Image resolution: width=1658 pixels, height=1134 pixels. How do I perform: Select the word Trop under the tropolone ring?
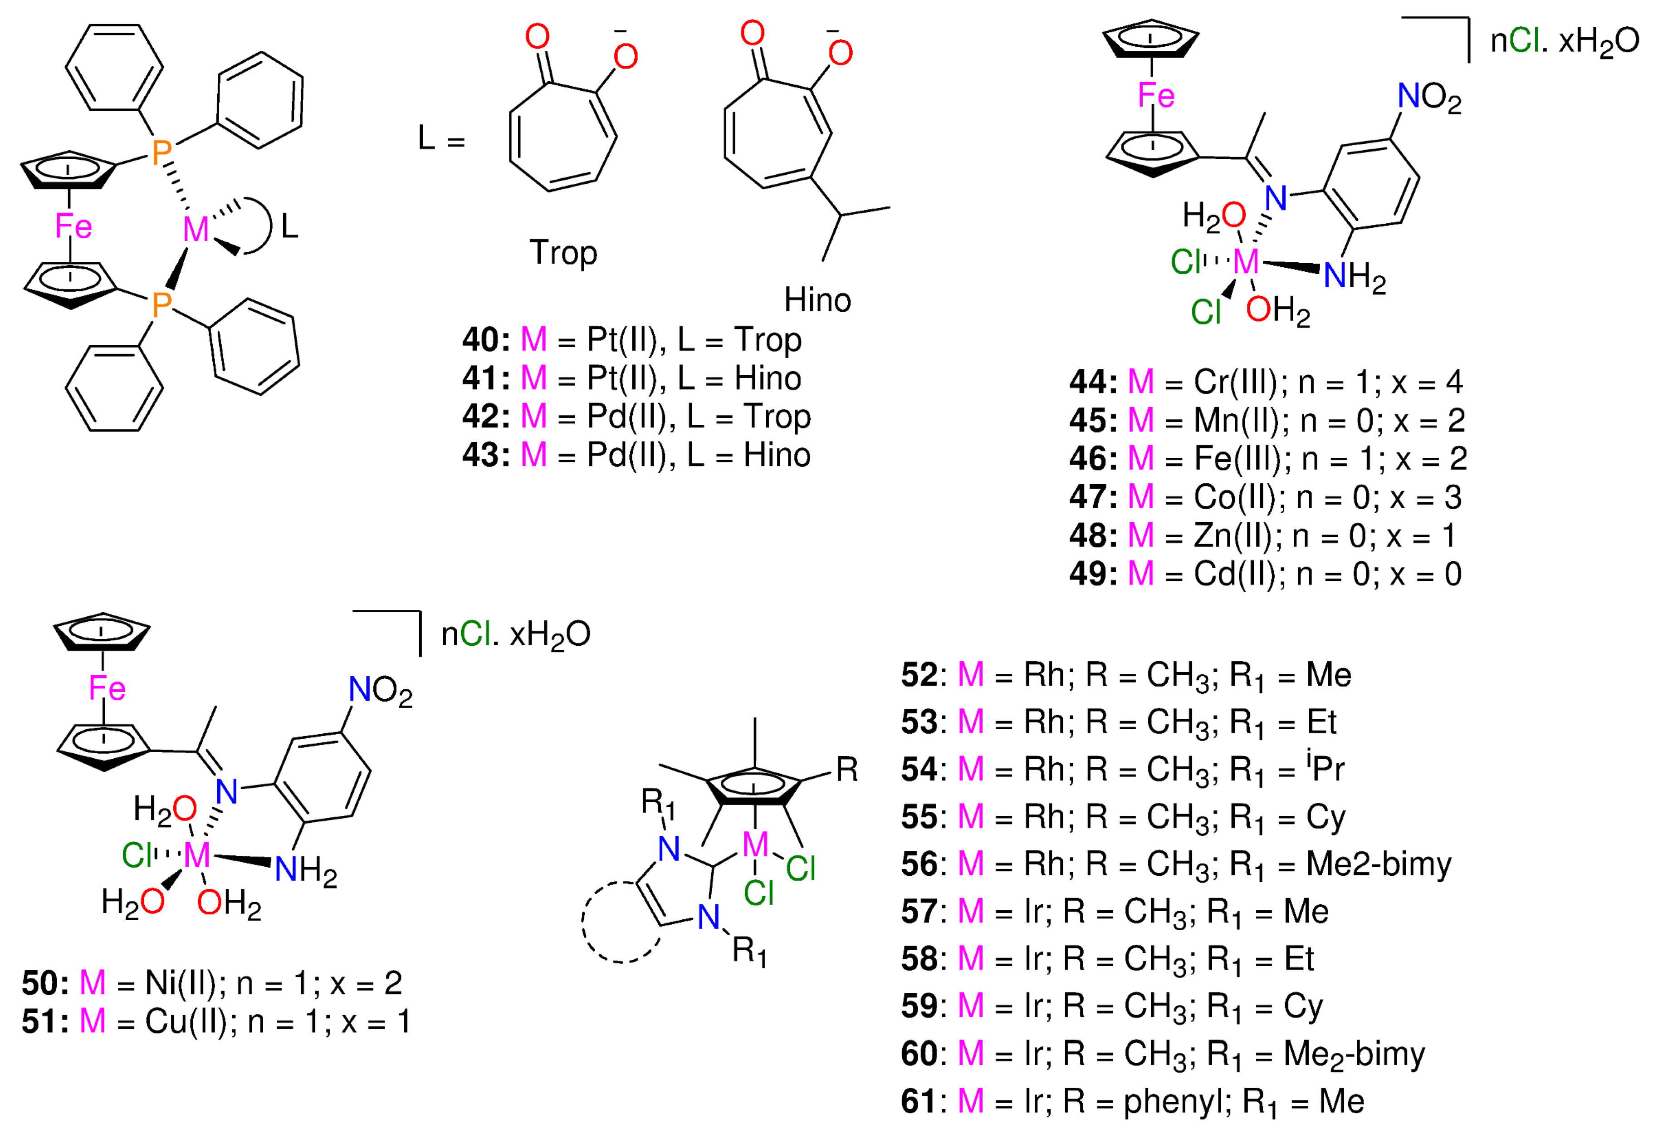pyautogui.click(x=563, y=253)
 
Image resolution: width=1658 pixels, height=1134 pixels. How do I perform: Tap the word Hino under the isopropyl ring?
pyautogui.click(x=817, y=300)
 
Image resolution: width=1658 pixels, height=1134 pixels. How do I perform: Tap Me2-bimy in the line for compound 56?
pyautogui.click(x=1378, y=864)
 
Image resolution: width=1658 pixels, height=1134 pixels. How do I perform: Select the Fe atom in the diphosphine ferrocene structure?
pyautogui.click(x=73, y=227)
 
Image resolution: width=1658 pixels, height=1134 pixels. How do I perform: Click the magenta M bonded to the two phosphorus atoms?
pyautogui.click(x=196, y=230)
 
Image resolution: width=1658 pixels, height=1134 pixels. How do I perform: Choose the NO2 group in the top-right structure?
pyautogui.click(x=1429, y=98)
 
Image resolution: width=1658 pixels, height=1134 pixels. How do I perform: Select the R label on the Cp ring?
pyautogui.click(x=847, y=770)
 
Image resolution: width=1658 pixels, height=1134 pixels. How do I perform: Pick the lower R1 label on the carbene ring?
pyautogui.click(x=749, y=951)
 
